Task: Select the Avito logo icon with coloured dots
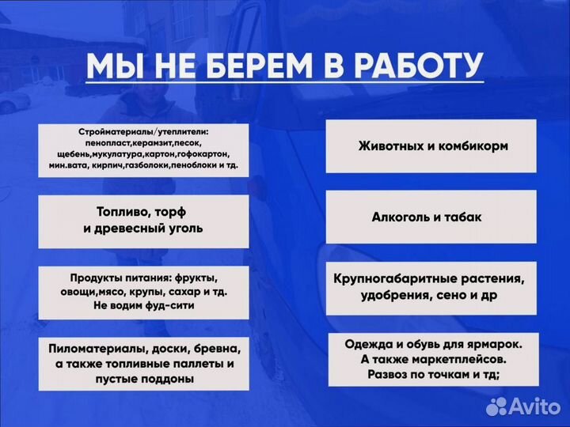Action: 496,406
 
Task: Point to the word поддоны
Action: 168,380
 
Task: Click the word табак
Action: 463,217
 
